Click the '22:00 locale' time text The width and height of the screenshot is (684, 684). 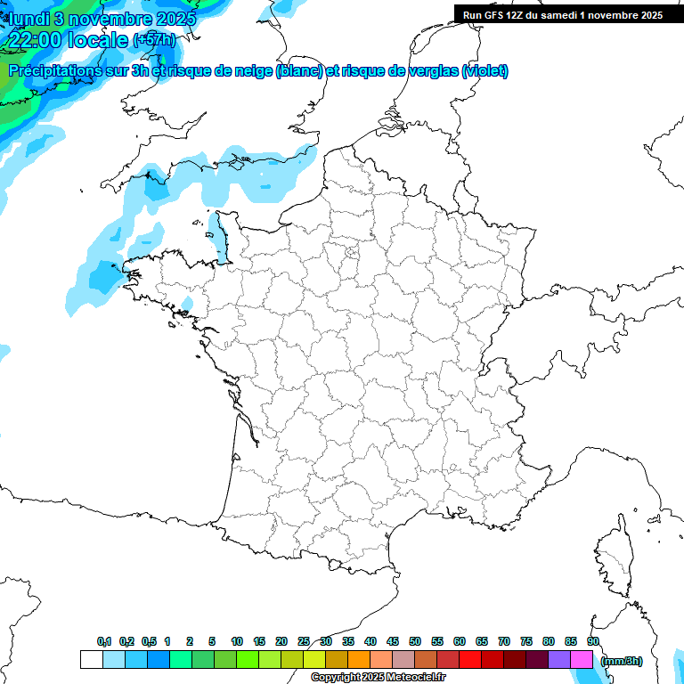(68, 39)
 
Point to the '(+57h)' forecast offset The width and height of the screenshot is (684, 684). (153, 40)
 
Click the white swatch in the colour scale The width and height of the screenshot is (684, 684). (91, 660)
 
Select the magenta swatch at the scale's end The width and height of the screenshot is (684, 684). (582, 660)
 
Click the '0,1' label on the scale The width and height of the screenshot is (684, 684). (103, 642)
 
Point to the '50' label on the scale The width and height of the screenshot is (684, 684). (415, 642)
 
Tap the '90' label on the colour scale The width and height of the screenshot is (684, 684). (593, 642)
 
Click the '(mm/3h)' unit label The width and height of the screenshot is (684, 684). (621, 661)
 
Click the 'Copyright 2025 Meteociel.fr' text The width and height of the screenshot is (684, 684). (378, 678)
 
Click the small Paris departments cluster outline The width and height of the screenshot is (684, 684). (353, 259)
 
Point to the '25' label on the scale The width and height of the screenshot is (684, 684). (304, 642)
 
